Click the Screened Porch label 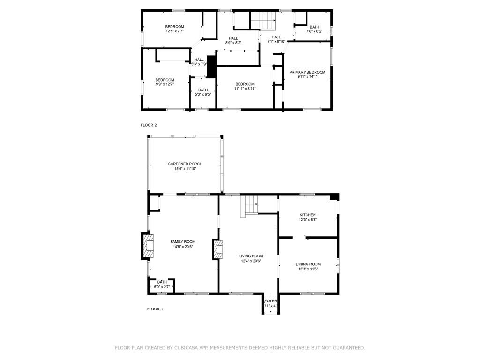[185, 164]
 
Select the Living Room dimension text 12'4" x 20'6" [252, 261]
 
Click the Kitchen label [307, 215]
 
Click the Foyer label [271, 301]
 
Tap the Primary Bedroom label [307, 72]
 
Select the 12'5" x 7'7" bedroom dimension [174, 31]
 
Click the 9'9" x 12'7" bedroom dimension [165, 84]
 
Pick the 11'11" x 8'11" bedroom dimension [245, 89]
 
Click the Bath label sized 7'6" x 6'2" [314, 27]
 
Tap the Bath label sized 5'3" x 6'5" [203, 90]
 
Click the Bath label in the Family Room [162, 282]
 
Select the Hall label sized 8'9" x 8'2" [233, 38]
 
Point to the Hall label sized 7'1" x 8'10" [276, 37]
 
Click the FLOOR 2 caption [149, 125]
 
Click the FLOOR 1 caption [155, 309]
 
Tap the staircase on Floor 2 [263, 20]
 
